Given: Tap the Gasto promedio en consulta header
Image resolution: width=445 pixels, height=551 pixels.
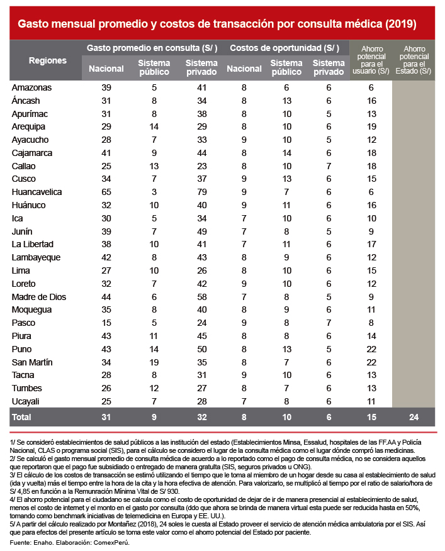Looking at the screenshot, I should (154, 48).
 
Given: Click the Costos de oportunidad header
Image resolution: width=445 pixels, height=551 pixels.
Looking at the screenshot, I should (284, 48).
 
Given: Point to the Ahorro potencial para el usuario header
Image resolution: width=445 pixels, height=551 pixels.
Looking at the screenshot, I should (371, 60).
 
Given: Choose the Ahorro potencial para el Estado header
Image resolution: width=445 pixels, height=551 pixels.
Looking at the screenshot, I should (414, 60).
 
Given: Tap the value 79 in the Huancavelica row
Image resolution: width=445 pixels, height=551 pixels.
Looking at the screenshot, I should (202, 192).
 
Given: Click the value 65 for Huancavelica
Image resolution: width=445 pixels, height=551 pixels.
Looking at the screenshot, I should (106, 192).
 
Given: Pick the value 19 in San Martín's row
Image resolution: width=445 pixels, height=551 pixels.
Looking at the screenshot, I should (154, 362).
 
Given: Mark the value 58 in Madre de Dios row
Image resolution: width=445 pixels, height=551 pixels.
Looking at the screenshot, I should (202, 297).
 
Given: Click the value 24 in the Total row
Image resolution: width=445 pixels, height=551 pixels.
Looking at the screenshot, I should (414, 417).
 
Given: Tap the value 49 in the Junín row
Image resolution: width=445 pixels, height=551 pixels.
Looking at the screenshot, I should (202, 231).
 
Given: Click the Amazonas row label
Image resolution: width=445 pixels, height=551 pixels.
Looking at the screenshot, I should (31, 88).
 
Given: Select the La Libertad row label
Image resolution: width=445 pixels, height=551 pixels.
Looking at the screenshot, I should (33, 245).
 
